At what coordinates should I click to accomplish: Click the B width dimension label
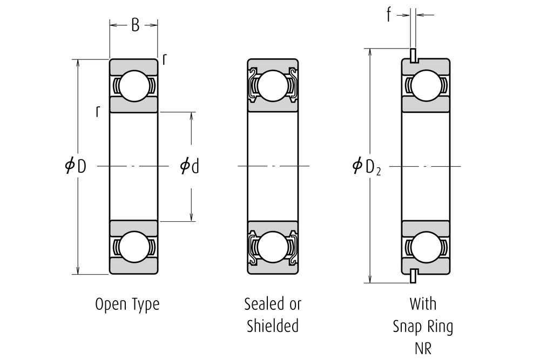(x=135, y=25)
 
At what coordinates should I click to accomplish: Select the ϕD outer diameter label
(x=76, y=166)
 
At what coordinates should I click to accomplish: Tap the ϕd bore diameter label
(x=190, y=166)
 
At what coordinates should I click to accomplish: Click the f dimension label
(x=388, y=16)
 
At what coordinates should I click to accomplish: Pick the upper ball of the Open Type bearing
(x=134, y=86)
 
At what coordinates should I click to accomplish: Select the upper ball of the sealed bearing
(x=273, y=86)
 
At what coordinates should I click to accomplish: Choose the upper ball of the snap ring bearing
(x=426, y=86)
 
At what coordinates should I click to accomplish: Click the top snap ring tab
(x=414, y=55)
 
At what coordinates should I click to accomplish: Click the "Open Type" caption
(x=127, y=304)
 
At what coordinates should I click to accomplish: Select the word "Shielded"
(x=273, y=326)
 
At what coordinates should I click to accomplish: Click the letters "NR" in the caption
(x=423, y=348)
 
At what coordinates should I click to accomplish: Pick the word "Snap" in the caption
(x=408, y=327)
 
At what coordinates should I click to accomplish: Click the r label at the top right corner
(x=164, y=60)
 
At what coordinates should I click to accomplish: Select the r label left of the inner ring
(x=97, y=111)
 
